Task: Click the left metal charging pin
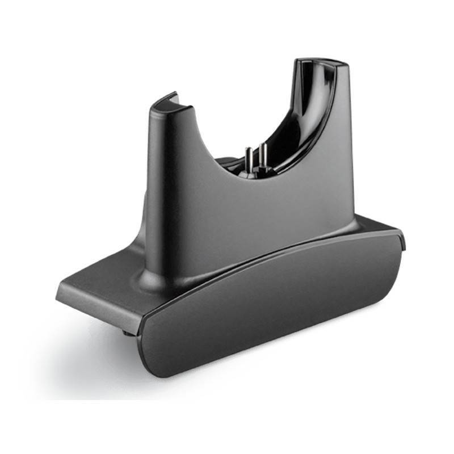[249, 159]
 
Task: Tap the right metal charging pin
[262, 156]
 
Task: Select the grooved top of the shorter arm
[164, 102]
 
